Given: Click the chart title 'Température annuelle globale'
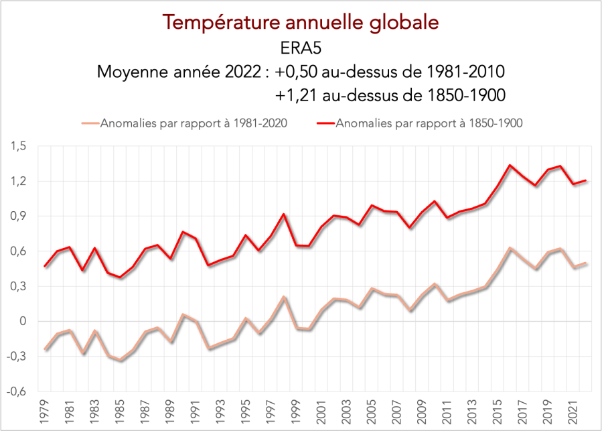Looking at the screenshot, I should [301, 22].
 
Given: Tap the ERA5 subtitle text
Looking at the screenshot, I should [301, 48].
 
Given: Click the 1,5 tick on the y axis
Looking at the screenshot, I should [18, 146].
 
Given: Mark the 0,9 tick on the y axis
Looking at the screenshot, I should [18, 217].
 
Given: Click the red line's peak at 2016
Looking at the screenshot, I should [510, 165].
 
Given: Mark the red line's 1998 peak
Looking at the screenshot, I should [283, 214].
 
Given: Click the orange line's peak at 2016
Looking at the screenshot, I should [510, 248].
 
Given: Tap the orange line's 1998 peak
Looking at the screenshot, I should [283, 297].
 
